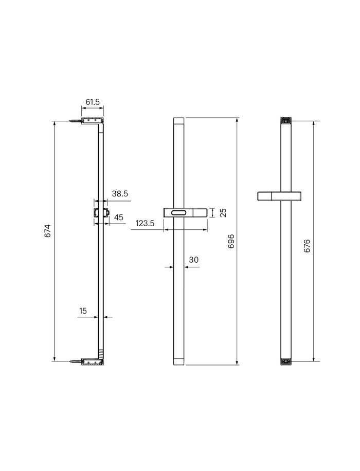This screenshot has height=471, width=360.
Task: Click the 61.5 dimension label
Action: point(93,102)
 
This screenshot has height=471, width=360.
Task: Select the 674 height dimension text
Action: point(47,231)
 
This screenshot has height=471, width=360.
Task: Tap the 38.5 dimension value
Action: point(120,194)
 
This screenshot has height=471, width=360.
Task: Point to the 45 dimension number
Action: point(119,217)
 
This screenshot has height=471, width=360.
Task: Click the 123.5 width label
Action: point(145,223)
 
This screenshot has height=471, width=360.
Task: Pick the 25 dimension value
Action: point(223,213)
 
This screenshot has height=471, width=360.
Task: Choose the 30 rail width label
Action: point(194,260)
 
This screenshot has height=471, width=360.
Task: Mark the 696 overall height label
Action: point(231,241)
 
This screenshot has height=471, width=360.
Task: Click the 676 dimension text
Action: point(307,246)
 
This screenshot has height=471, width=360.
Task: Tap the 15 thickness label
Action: point(83,311)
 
